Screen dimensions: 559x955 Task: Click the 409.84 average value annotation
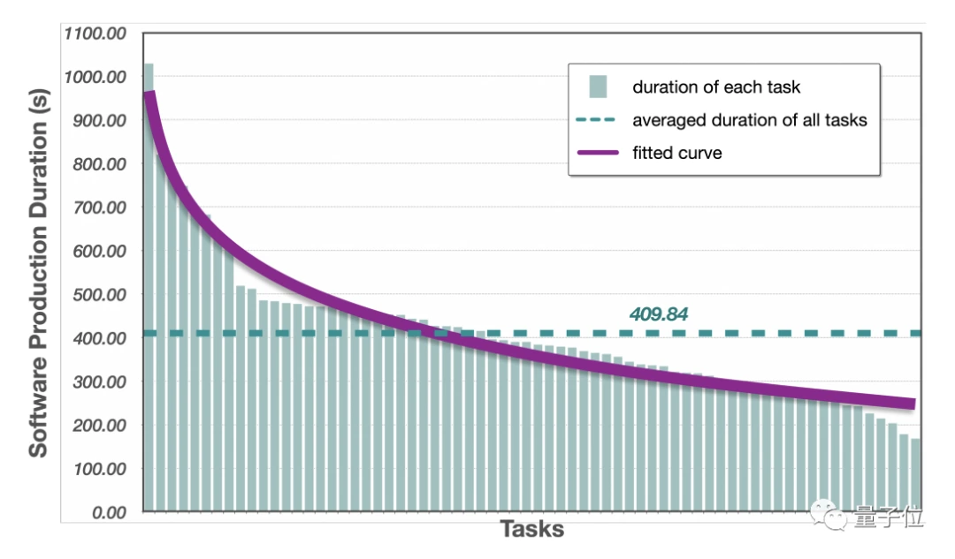[659, 313]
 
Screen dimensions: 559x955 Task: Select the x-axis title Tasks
[532, 530]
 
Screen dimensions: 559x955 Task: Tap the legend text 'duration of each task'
[716, 87]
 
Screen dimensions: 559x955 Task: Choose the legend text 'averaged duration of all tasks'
[750, 120]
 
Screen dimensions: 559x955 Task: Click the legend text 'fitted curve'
[677, 153]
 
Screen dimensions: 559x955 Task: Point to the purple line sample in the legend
[599, 153]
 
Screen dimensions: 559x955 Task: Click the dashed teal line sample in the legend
[599, 120]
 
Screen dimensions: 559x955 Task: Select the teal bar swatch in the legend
[599, 87]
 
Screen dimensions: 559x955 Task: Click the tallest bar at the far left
[149, 291]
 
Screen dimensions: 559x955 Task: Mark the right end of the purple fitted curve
[912, 404]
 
